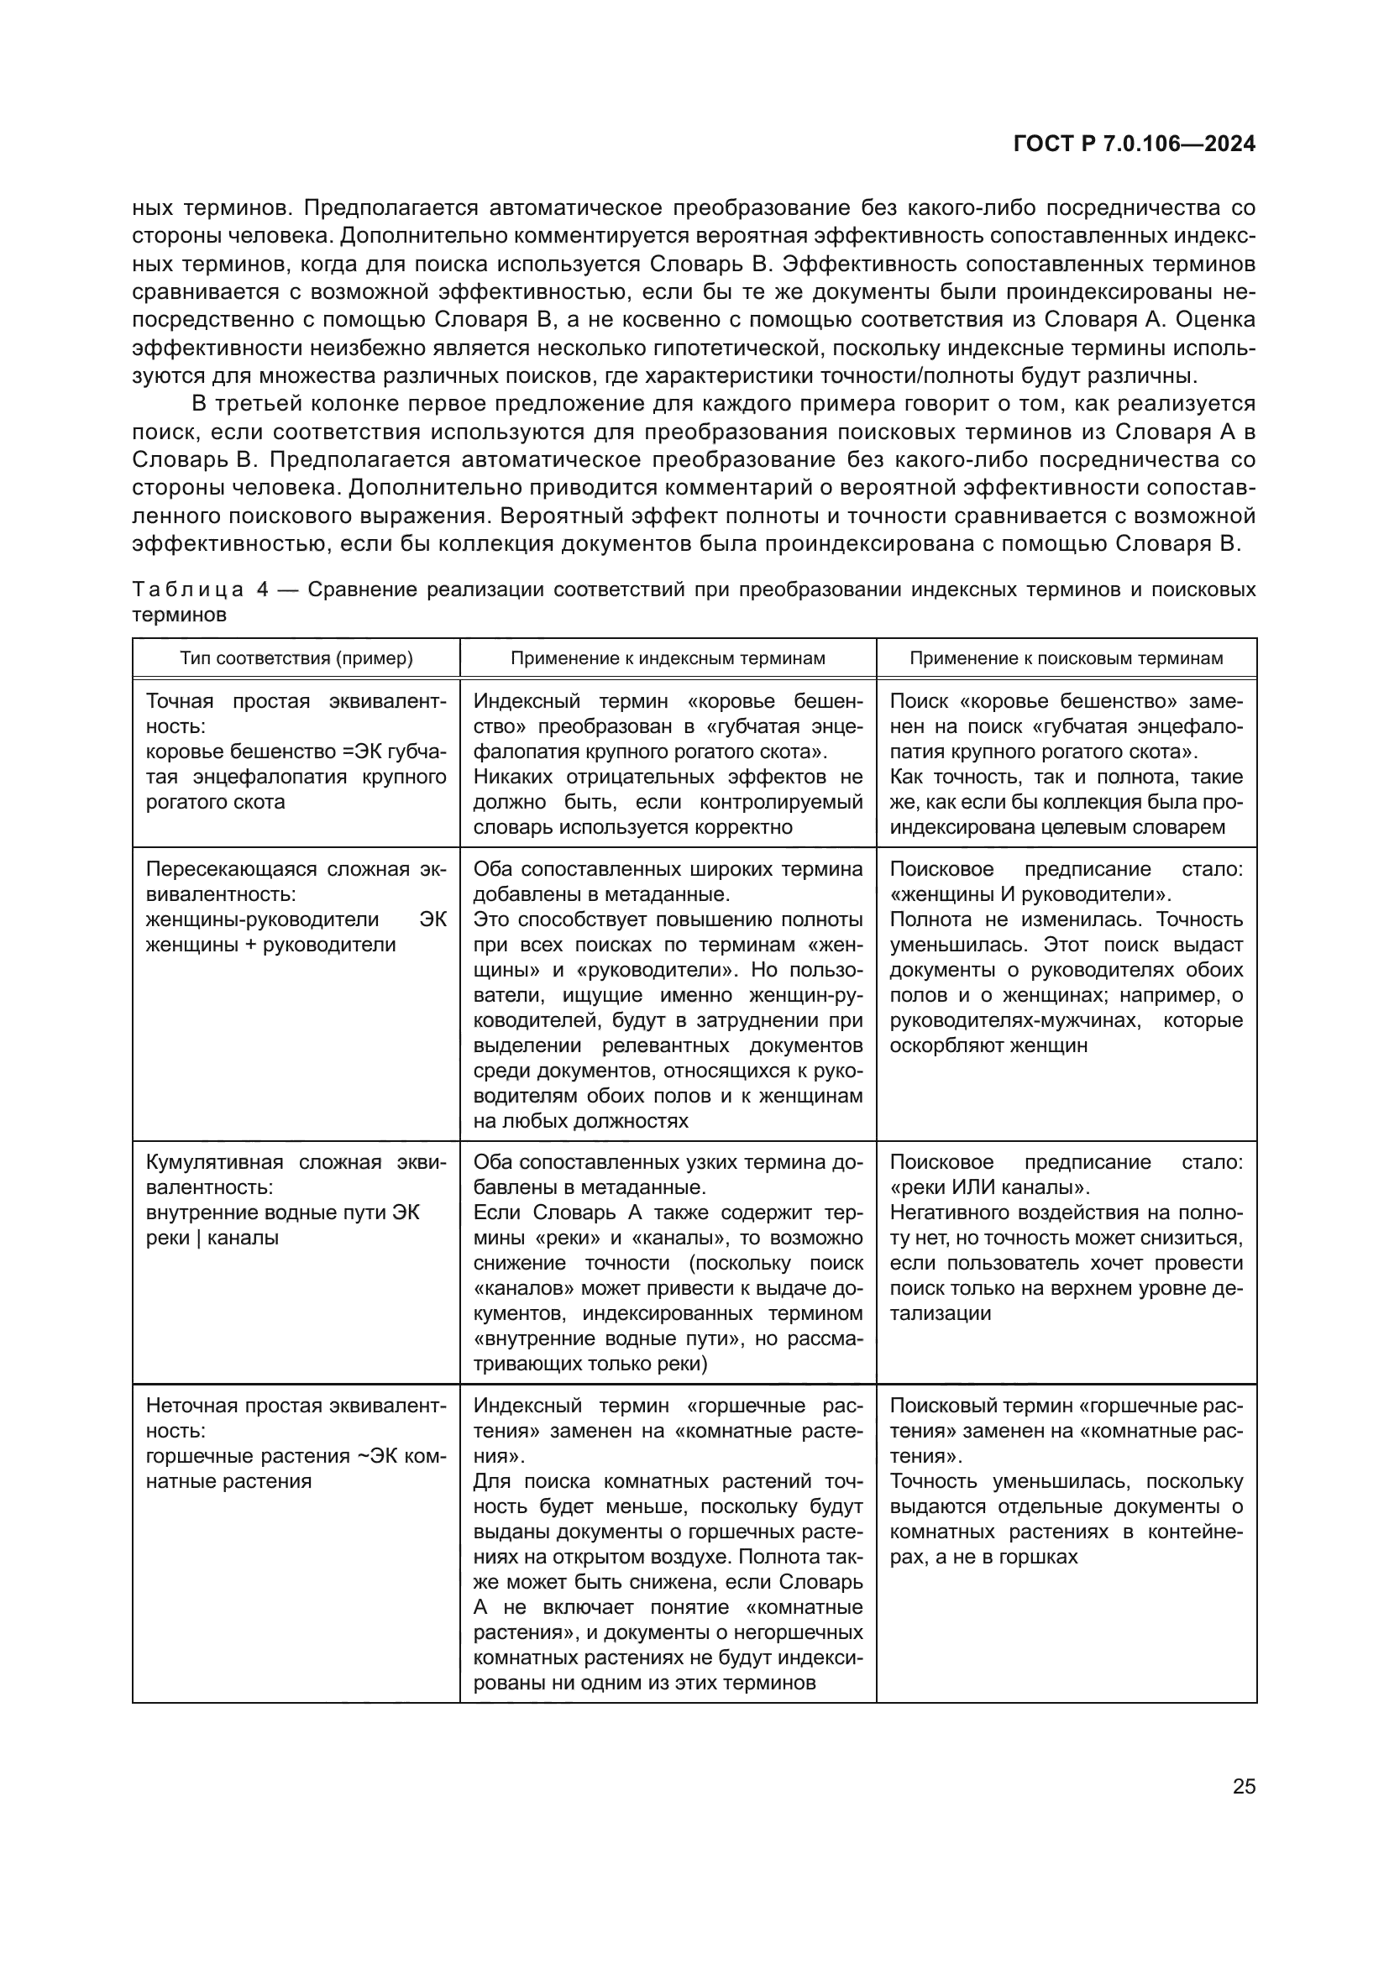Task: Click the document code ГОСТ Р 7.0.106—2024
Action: (1133, 144)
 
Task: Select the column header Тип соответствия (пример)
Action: (296, 657)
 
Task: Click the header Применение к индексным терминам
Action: (667, 657)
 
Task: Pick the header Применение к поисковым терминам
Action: (1066, 657)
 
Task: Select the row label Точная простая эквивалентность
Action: (296, 714)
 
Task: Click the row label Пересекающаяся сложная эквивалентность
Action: (296, 882)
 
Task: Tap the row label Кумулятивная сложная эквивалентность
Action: (296, 1175)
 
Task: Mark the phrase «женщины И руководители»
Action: (1030, 895)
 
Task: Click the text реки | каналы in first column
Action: (212, 1238)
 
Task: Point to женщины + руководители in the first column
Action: (270, 945)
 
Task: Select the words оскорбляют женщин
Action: (988, 1045)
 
